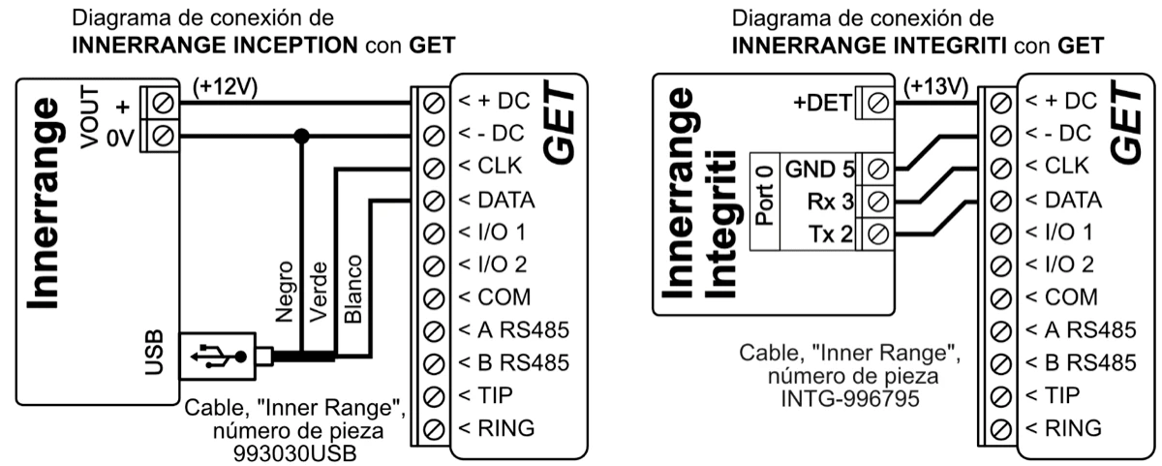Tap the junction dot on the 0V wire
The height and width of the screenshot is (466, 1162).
coord(302,138)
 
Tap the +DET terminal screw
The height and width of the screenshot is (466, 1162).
coord(878,99)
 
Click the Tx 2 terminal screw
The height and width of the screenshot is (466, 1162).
coord(878,233)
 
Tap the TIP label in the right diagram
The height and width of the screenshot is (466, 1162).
coord(1058,393)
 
